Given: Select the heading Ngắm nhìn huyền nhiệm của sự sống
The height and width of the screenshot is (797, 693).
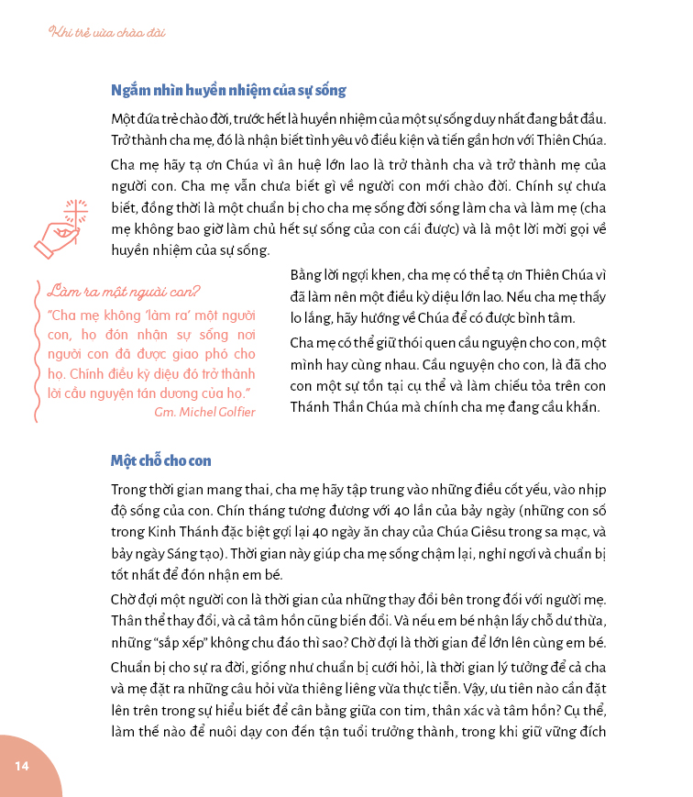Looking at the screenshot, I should pos(227,91).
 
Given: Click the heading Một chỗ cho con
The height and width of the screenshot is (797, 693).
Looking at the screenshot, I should pos(161,459).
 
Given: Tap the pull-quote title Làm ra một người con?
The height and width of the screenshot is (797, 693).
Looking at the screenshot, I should pos(124,293).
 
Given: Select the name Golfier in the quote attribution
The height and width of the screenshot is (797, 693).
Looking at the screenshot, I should pos(233,411).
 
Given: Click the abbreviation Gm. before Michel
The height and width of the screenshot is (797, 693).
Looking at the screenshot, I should pos(165,411).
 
